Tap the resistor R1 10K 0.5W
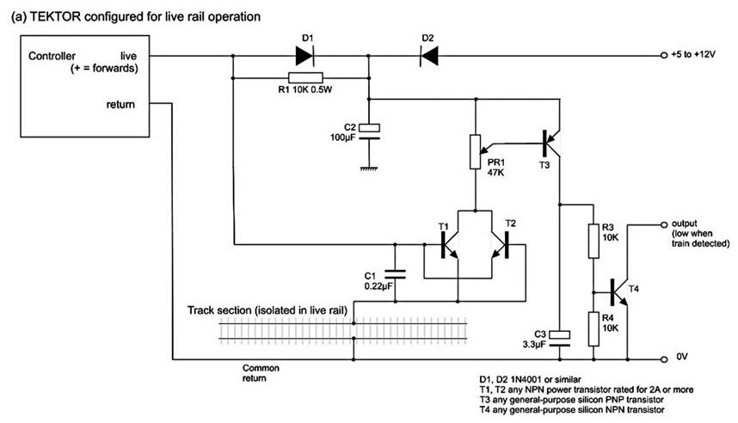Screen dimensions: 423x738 coord(302,77)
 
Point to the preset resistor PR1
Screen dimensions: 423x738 coord(472,150)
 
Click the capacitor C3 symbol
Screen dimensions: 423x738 coord(559,337)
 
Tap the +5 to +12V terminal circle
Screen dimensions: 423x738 coord(664,56)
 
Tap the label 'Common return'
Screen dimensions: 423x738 coord(263,371)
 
